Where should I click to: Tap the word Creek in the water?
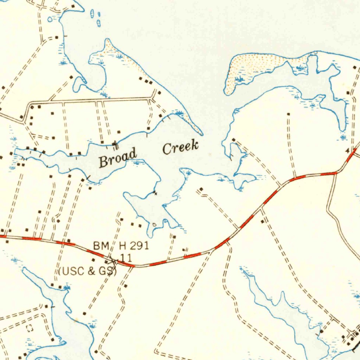(180, 147)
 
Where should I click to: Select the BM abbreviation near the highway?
(101, 246)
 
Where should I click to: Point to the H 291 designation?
(134, 245)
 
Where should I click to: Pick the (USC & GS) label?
(88, 271)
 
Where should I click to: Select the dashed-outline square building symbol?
(30, 328)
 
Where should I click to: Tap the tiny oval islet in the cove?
(154, 224)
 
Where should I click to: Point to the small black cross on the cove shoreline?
(155, 193)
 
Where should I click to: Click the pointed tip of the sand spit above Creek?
(201, 134)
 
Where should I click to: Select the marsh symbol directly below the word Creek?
(188, 172)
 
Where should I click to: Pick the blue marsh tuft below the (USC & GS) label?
(66, 288)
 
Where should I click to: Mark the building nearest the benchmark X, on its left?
(106, 262)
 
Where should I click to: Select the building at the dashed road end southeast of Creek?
(201, 190)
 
